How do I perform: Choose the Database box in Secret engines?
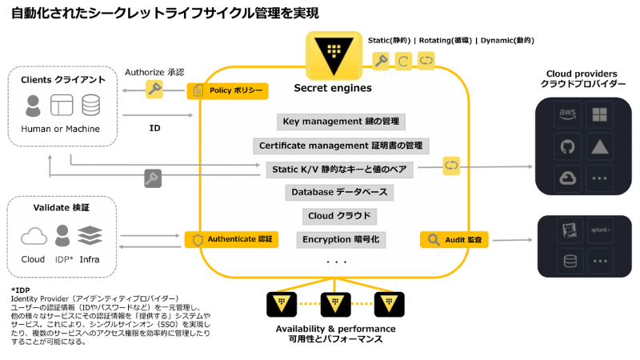coord(339,193)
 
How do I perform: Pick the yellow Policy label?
coord(227,90)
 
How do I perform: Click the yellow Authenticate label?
coord(233,238)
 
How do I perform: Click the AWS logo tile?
coord(569,115)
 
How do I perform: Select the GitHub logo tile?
coord(569,146)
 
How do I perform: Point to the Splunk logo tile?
coord(601,230)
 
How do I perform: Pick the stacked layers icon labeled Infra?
coord(90,234)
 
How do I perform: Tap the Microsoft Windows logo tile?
coord(601,115)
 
